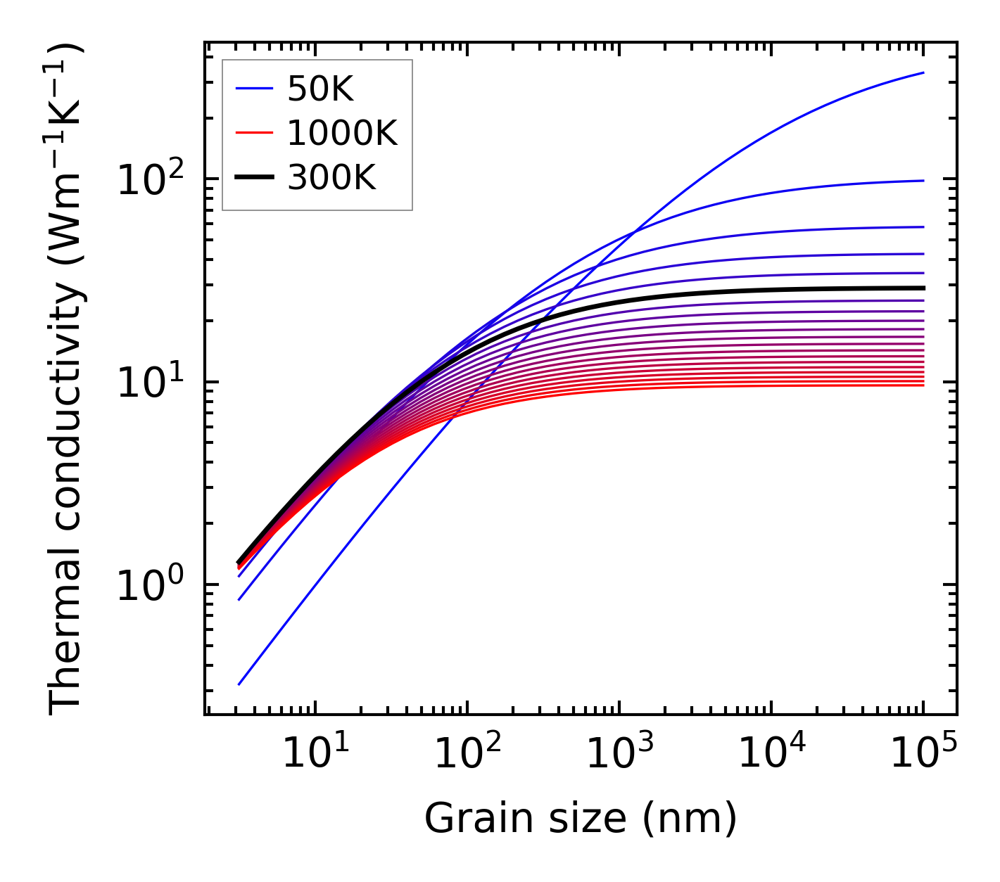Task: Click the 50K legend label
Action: click(320, 89)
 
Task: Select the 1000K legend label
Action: click(342, 133)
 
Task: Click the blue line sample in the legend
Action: click(253, 89)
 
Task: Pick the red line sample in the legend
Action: click(253, 133)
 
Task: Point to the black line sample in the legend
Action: click(253, 178)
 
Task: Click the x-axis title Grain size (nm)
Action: click(581, 819)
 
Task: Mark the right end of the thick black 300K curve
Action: click(923, 288)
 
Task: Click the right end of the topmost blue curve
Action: click(923, 72)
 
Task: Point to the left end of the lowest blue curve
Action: click(239, 684)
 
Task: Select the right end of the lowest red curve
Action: click(923, 385)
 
